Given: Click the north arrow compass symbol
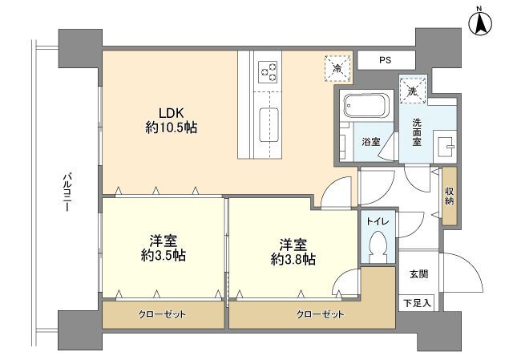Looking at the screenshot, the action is click(481, 22).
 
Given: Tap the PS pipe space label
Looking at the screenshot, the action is click(385, 60).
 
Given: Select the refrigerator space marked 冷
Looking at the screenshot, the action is click(337, 68).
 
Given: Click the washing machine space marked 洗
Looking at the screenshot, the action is click(413, 91).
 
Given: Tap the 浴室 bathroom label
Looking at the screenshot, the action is click(370, 142).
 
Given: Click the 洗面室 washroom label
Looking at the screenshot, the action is click(417, 132).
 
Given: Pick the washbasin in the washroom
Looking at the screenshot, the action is click(445, 147).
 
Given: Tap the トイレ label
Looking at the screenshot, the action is click(378, 221).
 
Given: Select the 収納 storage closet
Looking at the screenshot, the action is click(449, 196).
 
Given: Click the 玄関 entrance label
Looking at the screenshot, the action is click(419, 274).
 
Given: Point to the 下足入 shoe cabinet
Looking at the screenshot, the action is click(416, 303).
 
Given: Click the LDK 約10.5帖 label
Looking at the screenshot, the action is click(171, 120).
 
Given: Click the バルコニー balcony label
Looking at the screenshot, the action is click(67, 192).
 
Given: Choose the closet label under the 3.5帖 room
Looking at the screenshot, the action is click(162, 314).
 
